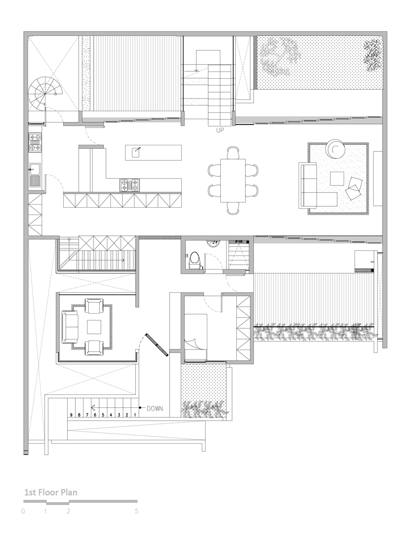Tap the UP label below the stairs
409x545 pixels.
pos(220,130)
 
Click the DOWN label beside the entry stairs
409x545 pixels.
pos(155,408)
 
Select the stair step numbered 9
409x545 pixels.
pos(71,415)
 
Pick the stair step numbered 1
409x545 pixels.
pos(135,415)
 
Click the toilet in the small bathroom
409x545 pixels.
pos(195,260)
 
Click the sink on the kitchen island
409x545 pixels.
pos(137,152)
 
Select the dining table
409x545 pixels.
pos(233,180)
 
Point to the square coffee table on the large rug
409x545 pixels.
pos(337,179)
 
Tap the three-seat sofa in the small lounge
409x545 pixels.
pos(70,327)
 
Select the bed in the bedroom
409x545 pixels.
pos(196,337)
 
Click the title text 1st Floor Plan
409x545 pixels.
pos(51,492)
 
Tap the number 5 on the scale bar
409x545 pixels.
pos(136,511)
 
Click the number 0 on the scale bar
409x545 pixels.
pos(23,511)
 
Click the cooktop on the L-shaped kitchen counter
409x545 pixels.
pos(130,185)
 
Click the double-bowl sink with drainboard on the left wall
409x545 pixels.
pos(35,175)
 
